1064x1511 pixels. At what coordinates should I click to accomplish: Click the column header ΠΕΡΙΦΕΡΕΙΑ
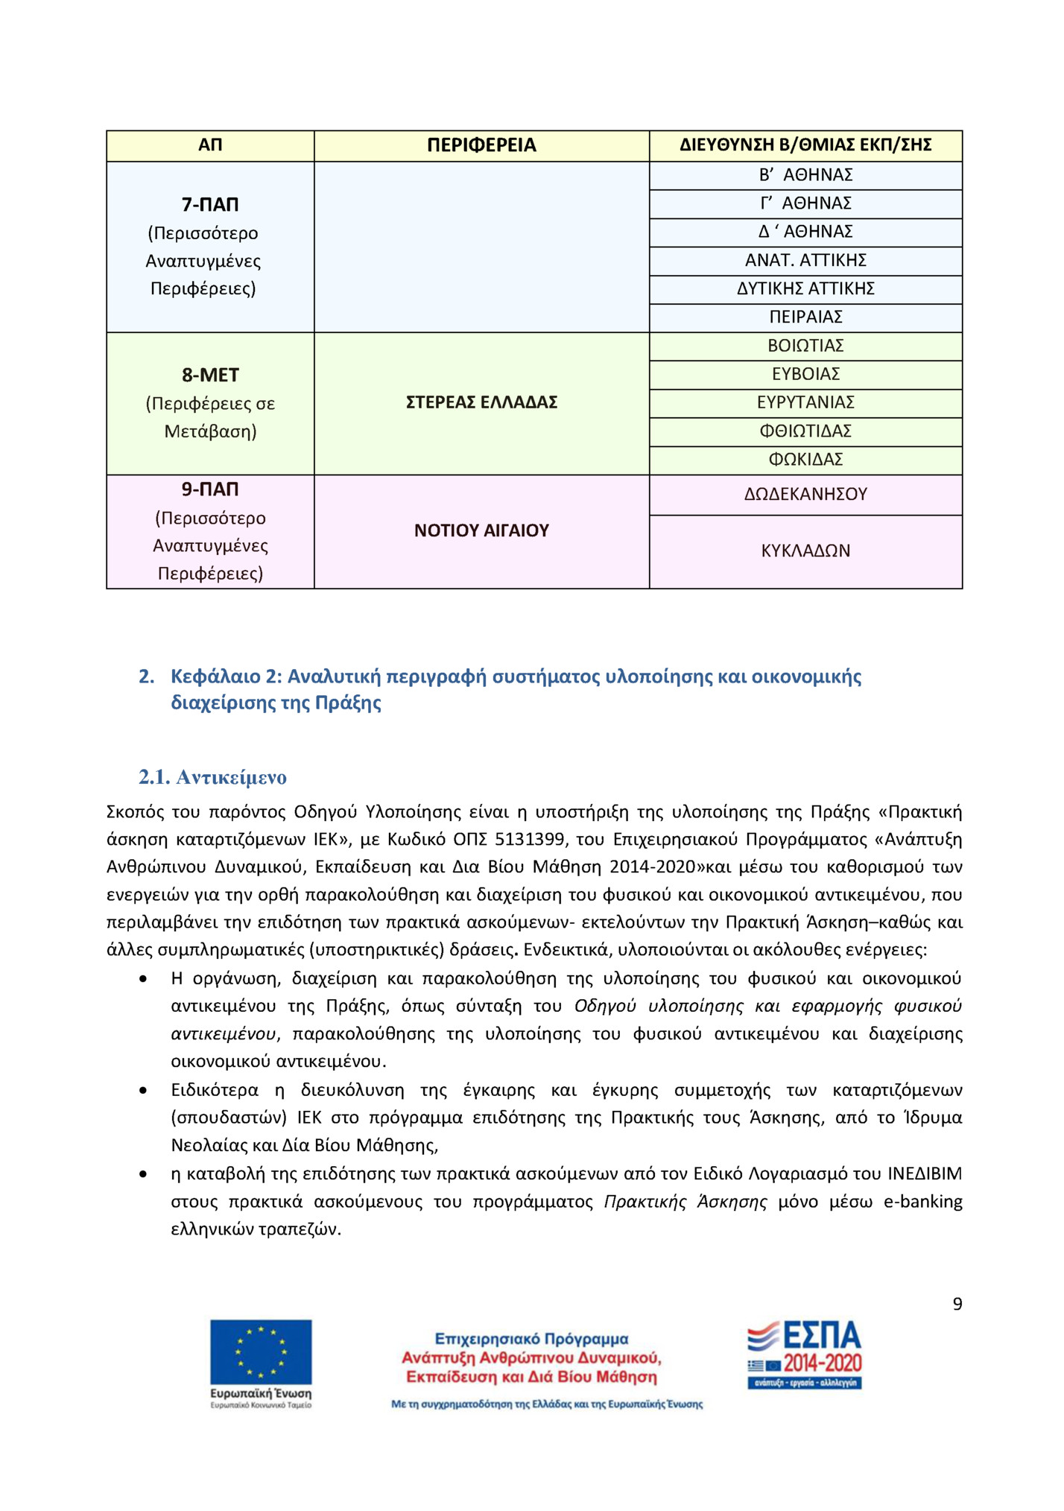[481, 145]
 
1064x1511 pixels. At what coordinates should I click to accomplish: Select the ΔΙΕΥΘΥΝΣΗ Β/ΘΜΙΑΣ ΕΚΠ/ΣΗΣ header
[805, 145]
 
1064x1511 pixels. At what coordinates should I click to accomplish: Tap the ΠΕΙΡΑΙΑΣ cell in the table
[805, 317]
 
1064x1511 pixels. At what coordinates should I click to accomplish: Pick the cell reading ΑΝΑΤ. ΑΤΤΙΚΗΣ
[805, 261]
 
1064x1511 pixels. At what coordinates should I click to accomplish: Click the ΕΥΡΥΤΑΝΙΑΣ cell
[805, 403]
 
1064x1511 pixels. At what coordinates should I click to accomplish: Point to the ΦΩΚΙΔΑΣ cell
[805, 460]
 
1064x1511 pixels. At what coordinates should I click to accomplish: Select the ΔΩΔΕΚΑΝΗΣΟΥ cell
[805, 495]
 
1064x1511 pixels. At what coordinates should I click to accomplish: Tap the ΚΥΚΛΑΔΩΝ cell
[805, 551]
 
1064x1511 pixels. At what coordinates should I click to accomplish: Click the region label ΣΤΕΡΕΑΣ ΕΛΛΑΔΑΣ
[481, 403]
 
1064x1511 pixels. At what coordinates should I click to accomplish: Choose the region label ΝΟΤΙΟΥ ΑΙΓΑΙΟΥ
[481, 531]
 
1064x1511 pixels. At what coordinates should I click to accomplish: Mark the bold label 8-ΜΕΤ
[210, 376]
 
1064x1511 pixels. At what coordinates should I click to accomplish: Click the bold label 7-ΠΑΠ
[210, 205]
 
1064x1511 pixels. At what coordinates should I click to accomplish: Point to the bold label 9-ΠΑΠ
[210, 490]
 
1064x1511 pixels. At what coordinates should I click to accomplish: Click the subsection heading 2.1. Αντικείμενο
[212, 778]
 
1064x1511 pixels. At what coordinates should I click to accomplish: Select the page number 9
[957, 1305]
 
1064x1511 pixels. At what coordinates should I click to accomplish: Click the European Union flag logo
[261, 1352]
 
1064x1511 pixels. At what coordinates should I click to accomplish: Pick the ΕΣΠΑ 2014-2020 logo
[805, 1355]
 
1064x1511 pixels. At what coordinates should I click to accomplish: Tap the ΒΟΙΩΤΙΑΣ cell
[805, 346]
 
